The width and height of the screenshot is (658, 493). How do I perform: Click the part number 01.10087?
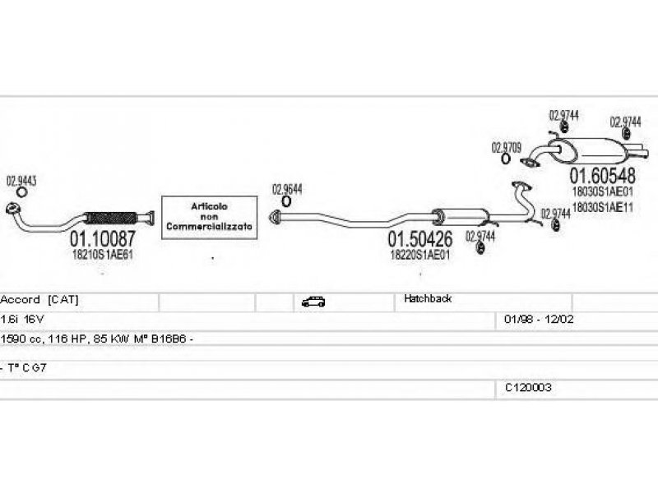101,239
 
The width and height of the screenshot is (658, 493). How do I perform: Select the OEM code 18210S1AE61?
103,255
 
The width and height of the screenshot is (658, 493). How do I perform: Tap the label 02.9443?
21,180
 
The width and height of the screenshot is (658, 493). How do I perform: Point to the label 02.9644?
287,188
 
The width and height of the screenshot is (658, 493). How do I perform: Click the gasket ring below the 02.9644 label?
286,201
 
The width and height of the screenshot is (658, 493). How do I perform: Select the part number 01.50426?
419,240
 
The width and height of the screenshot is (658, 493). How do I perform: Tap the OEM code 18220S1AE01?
419,255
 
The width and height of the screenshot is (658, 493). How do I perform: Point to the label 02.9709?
506,147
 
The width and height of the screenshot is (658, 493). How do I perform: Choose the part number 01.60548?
602,176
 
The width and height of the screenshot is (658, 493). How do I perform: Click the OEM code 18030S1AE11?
602,207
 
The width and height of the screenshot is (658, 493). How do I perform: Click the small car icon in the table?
313,302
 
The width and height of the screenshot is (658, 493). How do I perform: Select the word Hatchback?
427,299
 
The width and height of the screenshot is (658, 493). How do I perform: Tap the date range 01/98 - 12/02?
532,318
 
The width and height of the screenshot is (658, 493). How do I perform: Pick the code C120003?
528,386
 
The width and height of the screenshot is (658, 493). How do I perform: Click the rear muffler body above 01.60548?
596,151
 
